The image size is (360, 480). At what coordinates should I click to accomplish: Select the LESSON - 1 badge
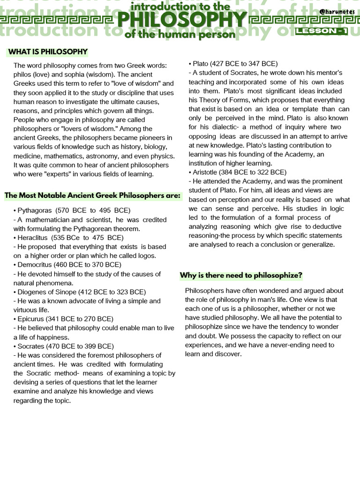(321, 31)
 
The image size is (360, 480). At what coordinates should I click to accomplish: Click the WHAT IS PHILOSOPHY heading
(47, 52)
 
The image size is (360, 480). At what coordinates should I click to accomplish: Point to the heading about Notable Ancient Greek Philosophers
(92, 195)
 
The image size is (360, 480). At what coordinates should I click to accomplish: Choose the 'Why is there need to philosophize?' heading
(241, 275)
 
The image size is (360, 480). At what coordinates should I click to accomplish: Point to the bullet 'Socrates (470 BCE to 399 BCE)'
(64, 346)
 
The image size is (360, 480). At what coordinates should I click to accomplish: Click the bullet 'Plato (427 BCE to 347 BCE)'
(233, 64)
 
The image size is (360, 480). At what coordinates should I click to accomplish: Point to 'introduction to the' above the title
(181, 7)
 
